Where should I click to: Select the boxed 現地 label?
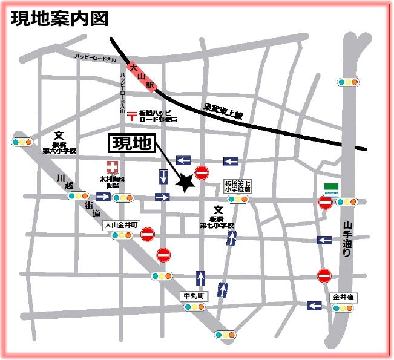131,144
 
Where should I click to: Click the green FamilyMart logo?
330,187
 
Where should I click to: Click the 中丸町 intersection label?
195,296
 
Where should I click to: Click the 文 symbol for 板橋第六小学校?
58,136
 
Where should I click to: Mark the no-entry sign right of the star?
202,173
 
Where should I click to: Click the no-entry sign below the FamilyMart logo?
325,203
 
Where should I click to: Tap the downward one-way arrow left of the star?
163,177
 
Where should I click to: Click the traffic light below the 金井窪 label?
342,308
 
